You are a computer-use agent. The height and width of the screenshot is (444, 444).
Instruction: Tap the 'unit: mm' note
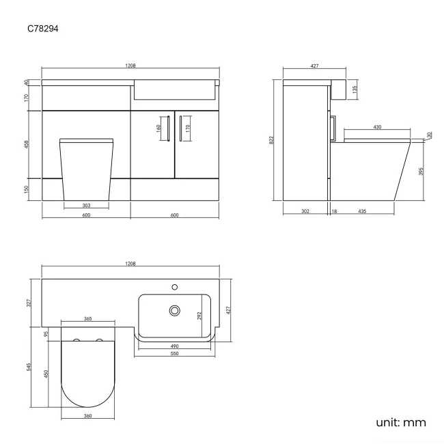[400, 422]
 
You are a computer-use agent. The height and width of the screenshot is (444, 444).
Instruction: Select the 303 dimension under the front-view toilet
[86, 204]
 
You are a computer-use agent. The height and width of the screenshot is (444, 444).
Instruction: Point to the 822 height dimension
[272, 139]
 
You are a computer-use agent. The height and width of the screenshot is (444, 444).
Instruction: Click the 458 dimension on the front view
[27, 144]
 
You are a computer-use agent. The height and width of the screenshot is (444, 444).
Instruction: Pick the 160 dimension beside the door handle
[158, 127]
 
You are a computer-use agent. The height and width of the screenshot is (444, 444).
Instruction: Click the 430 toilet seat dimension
[377, 127]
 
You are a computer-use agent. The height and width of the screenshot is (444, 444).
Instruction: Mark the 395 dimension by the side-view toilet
[421, 171]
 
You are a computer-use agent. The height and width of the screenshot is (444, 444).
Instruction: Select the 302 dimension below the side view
[305, 211]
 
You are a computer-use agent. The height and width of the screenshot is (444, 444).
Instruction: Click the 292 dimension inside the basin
[200, 316]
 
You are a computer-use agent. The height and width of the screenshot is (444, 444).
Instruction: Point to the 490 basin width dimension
[176, 346]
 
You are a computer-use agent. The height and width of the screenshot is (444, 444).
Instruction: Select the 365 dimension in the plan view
[88, 318]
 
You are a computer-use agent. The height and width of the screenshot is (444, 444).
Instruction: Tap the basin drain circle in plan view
[175, 310]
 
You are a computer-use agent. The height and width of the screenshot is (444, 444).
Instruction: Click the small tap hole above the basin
[175, 286]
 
